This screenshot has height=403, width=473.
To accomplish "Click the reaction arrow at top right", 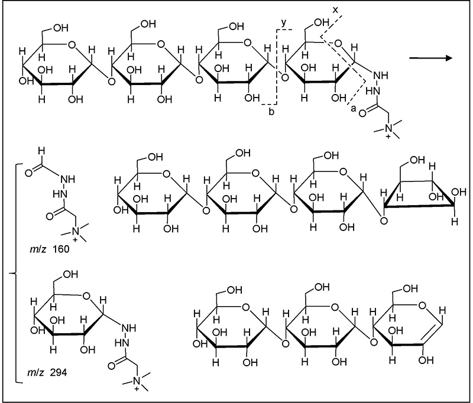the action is click(431, 57).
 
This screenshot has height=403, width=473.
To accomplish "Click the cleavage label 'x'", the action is click(335, 10).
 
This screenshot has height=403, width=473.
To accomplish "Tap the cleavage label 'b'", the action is click(271, 112).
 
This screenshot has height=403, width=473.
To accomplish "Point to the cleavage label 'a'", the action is click(353, 109).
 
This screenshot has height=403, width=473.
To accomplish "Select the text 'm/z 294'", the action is click(47, 373).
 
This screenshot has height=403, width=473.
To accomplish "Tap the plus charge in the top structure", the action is click(388, 137).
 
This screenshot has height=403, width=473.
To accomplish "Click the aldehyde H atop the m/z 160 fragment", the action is click(41, 151).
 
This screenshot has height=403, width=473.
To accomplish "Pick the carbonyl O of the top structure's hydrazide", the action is click(362, 113).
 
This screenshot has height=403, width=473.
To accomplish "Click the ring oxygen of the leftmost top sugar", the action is click(72, 45).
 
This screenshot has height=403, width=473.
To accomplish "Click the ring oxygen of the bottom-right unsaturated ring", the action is click(422, 306).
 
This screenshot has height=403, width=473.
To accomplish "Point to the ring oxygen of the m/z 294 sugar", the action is click(86, 295).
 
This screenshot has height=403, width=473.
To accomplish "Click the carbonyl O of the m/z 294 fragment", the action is click(111, 366).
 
